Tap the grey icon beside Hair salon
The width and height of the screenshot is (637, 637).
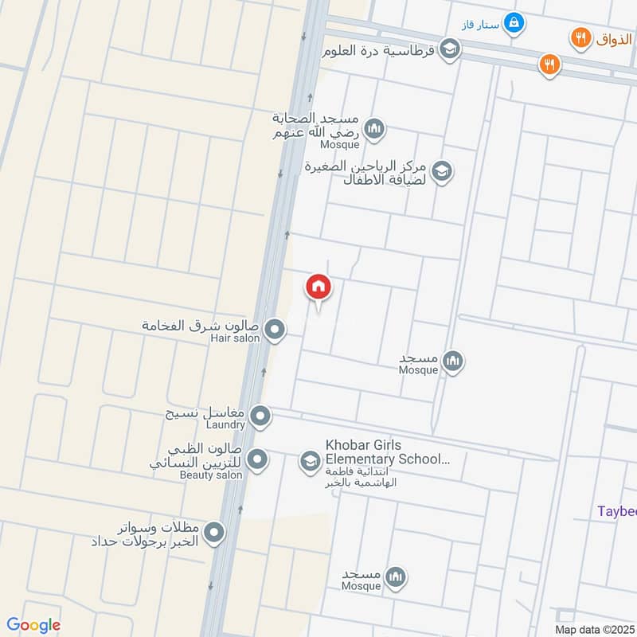275,330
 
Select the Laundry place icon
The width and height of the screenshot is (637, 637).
260,416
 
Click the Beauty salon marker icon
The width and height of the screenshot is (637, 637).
257,459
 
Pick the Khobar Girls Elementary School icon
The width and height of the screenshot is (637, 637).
310,460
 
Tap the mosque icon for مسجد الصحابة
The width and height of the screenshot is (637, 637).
373,128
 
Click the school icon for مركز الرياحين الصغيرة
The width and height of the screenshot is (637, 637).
442,170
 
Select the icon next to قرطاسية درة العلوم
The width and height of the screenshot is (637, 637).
449,49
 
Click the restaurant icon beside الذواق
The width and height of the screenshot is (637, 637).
580,37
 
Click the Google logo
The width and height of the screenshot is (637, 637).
33,625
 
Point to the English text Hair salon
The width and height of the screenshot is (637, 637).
235,339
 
